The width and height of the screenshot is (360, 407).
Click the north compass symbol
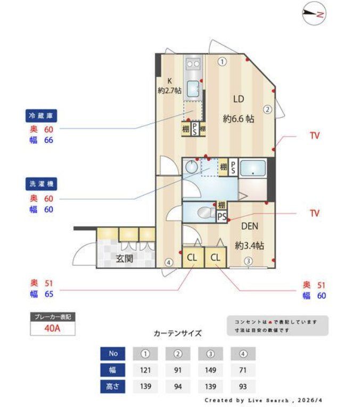(314, 13)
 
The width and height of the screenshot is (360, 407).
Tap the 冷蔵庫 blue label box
(41, 116)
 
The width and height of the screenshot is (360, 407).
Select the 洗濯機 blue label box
(41, 184)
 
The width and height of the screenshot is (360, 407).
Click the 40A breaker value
(52, 328)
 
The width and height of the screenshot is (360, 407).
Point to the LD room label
(239, 99)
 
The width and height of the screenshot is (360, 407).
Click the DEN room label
(249, 226)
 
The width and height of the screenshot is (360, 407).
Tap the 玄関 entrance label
(124, 258)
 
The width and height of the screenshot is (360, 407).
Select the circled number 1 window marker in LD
(222, 62)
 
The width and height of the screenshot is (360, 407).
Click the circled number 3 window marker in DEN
(248, 261)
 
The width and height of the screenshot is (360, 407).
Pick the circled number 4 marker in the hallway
(169, 263)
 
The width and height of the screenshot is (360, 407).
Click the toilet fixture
(206, 213)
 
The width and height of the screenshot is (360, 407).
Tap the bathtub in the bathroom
(253, 168)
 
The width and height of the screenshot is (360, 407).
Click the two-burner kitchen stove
(193, 64)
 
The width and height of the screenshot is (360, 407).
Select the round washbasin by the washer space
(192, 167)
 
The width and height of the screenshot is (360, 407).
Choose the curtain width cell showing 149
(210, 370)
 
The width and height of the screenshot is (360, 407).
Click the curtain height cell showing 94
(178, 387)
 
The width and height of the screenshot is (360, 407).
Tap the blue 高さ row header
(113, 387)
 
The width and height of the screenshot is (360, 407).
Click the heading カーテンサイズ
(177, 333)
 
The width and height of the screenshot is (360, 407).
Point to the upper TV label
(315, 135)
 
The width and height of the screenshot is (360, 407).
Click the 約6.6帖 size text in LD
(238, 119)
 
